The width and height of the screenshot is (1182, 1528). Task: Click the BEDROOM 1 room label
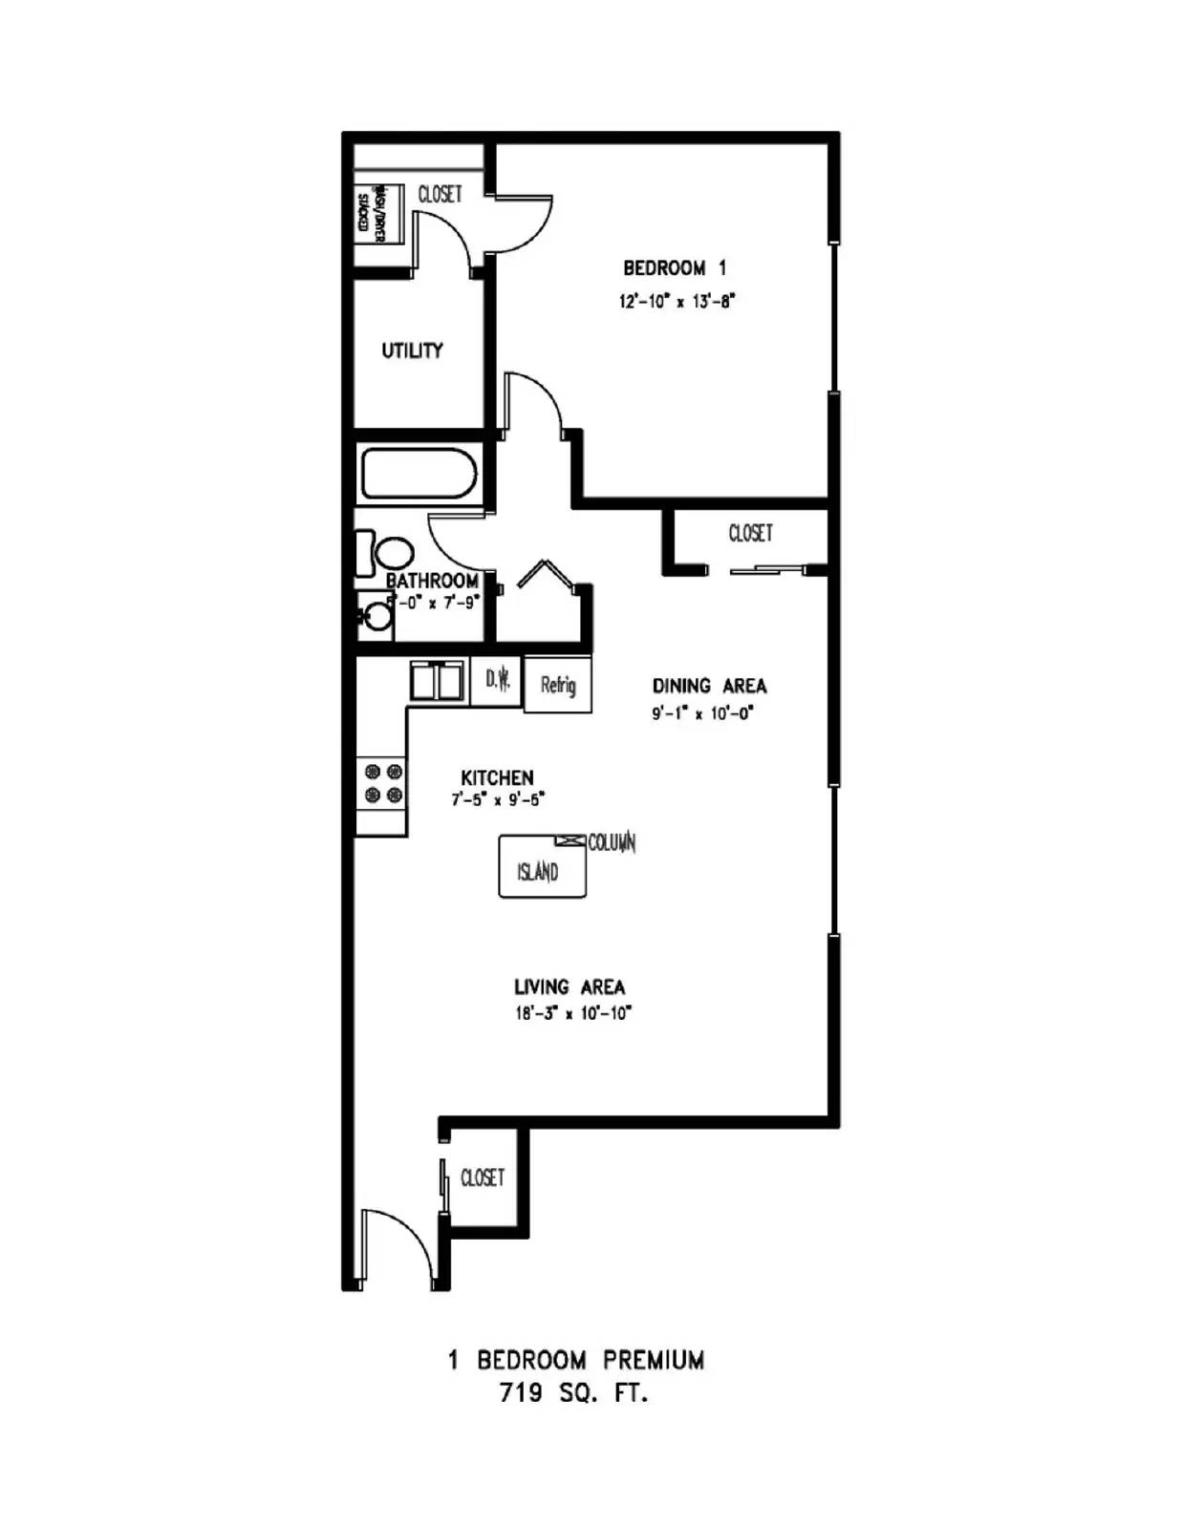(x=675, y=268)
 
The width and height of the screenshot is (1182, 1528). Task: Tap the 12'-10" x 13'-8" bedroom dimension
(x=677, y=302)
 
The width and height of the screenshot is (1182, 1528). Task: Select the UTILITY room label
(x=412, y=350)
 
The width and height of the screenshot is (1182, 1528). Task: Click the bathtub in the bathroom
(x=419, y=475)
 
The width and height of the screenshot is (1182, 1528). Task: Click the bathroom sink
(x=376, y=615)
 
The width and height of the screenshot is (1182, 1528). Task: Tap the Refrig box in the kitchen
(x=558, y=685)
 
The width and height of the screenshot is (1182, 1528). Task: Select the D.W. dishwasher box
(x=497, y=680)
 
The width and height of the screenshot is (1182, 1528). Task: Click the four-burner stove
(x=383, y=784)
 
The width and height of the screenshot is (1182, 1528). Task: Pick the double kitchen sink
(x=438, y=681)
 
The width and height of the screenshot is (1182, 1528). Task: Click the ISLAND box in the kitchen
(x=541, y=869)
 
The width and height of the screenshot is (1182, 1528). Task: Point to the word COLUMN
(x=612, y=843)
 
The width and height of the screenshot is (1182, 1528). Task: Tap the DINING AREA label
(x=709, y=686)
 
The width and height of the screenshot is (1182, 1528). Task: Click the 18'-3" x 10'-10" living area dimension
(x=573, y=1013)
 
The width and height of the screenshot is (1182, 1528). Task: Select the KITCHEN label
(x=497, y=777)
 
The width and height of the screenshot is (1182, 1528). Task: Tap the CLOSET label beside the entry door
(x=483, y=1178)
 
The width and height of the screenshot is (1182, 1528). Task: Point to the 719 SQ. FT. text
(x=573, y=1392)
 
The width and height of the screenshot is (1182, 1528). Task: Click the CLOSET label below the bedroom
(x=750, y=533)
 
